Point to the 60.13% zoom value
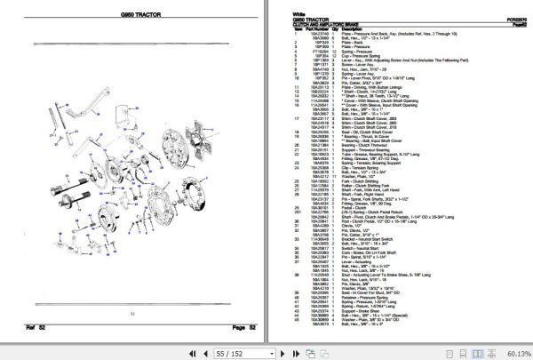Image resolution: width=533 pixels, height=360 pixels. pyautogui.click(x=513, y=352)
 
